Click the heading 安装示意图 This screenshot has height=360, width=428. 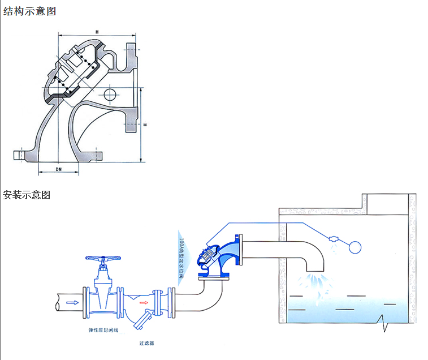tap(27, 195)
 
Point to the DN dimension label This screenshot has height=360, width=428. tap(59, 169)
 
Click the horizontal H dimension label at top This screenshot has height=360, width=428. tap(97, 31)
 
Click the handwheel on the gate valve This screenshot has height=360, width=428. tap(103, 259)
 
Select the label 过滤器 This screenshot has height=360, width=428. tap(146, 343)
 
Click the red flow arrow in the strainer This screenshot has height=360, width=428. tap(144, 303)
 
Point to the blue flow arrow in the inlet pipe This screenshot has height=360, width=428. tap(72, 303)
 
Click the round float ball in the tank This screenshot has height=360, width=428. tap(356, 247)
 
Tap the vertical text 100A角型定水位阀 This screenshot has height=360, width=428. tap(184, 254)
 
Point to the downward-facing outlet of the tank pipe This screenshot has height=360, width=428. tap(313, 270)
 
